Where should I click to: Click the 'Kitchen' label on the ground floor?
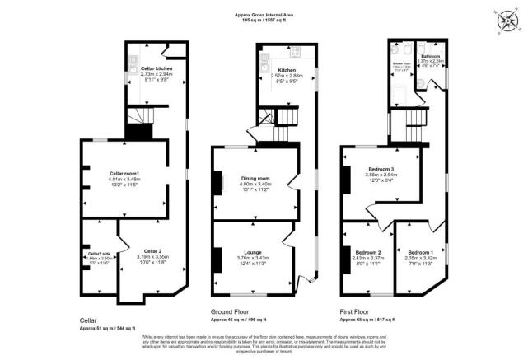point(286,70)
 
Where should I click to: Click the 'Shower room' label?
point(402,63)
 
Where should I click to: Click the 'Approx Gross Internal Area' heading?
point(263,14)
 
